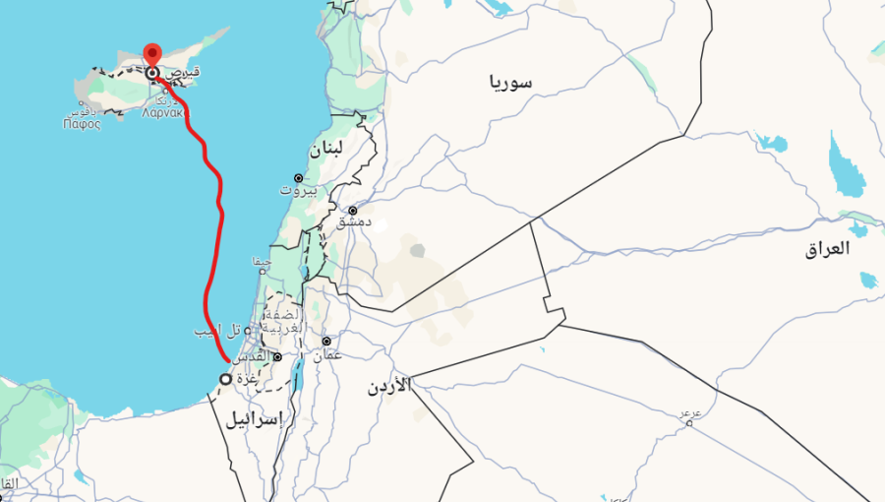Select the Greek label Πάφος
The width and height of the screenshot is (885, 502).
click(82, 124)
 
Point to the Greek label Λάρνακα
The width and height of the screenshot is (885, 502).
click(161, 111)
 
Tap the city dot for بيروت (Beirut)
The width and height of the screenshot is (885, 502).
click(299, 178)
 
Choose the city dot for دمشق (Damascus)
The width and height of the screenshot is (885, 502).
click(353, 210)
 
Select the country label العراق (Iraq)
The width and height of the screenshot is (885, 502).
click(826, 249)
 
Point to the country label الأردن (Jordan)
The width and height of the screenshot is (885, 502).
click(389, 386)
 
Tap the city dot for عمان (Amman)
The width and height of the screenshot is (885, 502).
click(325, 341)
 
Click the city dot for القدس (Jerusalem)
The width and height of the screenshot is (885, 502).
click(278, 357)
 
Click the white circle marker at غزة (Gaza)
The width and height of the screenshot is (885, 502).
click(225, 379)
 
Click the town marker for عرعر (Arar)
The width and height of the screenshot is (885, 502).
click(689, 423)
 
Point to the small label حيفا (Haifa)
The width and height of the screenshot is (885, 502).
click(262, 262)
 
